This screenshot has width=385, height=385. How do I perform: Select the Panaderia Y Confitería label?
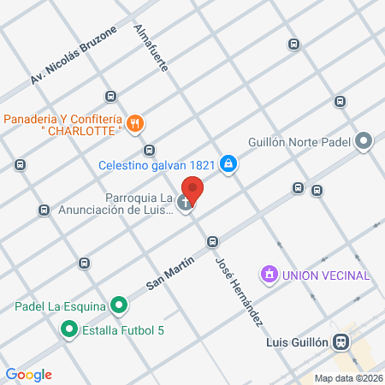[x=63, y=119]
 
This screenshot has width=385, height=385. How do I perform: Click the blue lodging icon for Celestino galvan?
[x=228, y=164]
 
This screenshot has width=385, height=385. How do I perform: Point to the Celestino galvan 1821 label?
[x=157, y=164]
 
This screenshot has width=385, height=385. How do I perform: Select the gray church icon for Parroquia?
[x=186, y=204]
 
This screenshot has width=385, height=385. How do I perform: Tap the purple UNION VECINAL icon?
[x=270, y=275]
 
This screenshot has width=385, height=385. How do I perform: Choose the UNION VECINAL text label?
[x=326, y=275]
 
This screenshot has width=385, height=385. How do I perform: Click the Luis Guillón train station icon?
[x=341, y=341]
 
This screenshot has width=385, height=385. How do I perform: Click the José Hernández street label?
[x=239, y=291]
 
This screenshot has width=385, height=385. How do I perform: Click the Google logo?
[x=28, y=374]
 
